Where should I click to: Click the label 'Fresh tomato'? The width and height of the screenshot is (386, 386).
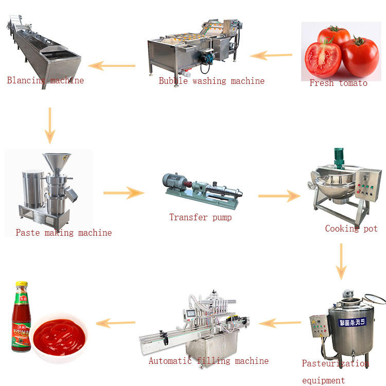coord(338,83)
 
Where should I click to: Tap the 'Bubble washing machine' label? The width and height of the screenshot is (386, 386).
coord(212,81)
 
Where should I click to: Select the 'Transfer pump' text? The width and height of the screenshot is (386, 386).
coord(200,217)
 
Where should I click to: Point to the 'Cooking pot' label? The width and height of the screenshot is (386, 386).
coord(351,229)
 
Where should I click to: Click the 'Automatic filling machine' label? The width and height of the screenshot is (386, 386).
coord(208,361)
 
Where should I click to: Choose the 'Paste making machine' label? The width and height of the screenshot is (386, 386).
coord(63,233)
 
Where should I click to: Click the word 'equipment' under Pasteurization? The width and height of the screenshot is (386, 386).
coord(323,380)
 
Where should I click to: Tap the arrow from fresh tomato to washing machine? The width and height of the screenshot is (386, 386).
coord(271,55)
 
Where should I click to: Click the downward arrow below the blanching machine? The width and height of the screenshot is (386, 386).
coord(49,126)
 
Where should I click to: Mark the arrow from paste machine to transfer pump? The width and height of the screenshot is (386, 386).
coord(124,193)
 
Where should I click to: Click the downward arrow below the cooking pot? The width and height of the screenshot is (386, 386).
coord(341,261)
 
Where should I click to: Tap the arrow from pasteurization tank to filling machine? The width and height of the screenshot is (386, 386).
coord(279,323)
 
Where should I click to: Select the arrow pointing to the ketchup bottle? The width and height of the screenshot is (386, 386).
coord(116,323)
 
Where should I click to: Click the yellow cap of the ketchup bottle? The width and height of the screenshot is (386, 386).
coord(21,285)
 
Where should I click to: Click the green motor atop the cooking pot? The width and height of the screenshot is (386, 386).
coord(338,157)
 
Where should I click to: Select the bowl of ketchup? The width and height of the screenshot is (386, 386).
coord(61,335)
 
